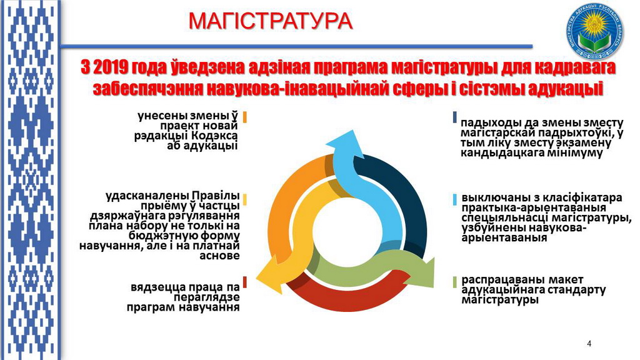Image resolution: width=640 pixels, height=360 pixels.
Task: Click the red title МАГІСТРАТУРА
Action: point(270,21)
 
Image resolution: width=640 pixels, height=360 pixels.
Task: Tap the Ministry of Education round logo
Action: point(596,31)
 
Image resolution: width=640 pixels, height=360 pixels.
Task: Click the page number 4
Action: point(589,344)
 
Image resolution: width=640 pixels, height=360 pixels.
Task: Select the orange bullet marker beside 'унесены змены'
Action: point(245,117)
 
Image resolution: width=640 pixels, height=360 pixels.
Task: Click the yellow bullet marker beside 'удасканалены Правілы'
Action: point(245,199)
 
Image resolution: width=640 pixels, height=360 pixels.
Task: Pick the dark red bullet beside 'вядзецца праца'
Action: point(245,282)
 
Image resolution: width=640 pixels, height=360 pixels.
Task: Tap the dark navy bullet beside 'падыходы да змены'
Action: point(455,117)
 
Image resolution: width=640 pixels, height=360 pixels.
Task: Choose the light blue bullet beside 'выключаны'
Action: point(455,199)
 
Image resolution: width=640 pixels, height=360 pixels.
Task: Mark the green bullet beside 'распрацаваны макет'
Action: point(455,282)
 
